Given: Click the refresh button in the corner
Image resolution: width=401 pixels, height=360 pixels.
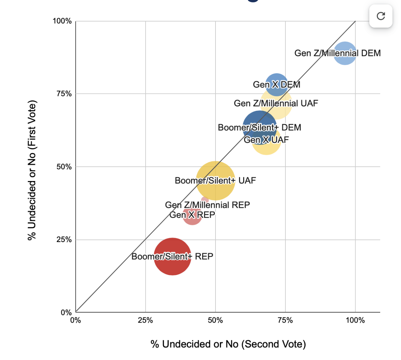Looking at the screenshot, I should pos(381,16).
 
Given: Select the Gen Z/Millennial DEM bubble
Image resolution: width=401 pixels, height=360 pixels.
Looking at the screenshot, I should pos(345,53).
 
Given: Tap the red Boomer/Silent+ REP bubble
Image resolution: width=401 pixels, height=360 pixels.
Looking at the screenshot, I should pos(173,256).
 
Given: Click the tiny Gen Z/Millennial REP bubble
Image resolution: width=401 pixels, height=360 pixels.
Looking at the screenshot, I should pos(205,200).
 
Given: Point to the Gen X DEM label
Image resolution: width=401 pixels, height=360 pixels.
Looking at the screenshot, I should pos(277,85).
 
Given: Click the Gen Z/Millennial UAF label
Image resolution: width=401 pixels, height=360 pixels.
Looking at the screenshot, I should pos(276,103).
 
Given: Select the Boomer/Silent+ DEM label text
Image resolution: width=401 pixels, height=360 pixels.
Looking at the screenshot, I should pos(259,127).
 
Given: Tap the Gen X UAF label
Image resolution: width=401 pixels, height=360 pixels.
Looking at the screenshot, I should pos(266,140).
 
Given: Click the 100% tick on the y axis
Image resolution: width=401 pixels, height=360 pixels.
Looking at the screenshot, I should pos(62,21).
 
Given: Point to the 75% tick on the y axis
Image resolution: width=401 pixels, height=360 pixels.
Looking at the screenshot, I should pos(64,94).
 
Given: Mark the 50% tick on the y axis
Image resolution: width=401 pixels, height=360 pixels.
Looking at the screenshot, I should pos(64,167).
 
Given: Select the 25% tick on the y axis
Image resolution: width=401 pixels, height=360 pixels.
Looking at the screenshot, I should pos(64,240).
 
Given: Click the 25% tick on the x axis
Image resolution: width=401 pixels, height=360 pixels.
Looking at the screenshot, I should pos(146,320).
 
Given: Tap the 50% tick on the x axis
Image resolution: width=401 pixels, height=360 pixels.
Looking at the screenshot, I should pos(216,320).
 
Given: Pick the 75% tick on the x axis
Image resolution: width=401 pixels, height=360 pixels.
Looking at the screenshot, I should pos(285,320).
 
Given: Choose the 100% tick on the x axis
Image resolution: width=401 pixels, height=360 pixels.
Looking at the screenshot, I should pos(355,320).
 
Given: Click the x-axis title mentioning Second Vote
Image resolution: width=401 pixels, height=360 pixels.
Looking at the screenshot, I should pos(228,344).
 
